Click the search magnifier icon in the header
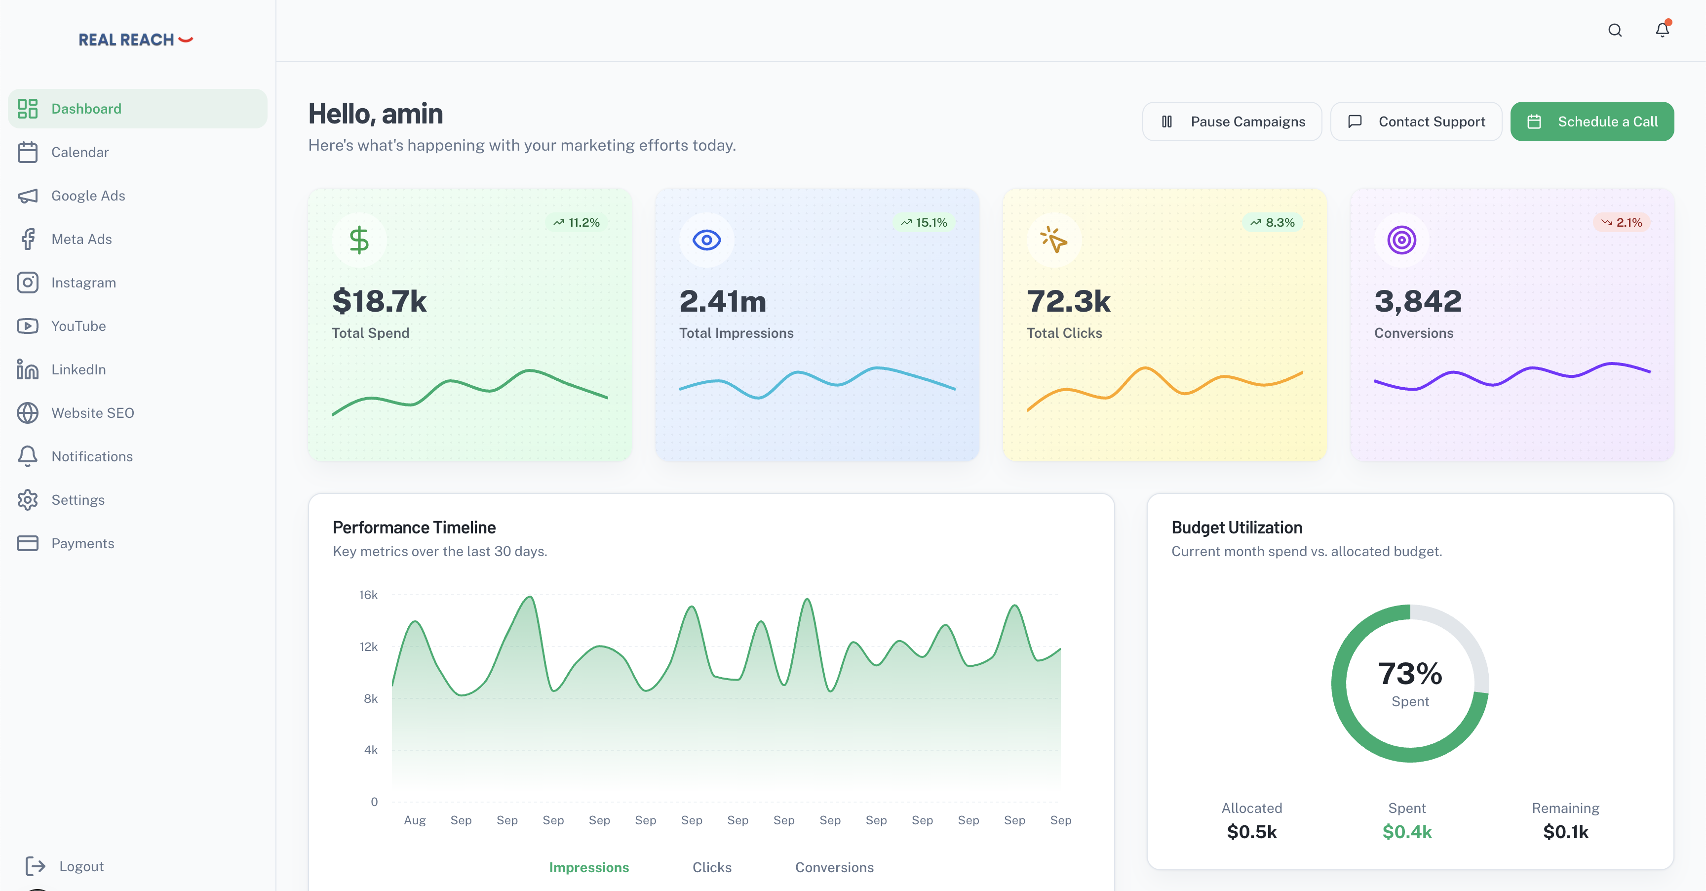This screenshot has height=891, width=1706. tap(1615, 31)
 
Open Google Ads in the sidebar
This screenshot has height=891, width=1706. tap(88, 196)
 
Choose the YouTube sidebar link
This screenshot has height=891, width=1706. tap(78, 326)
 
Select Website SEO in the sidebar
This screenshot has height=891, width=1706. tap(93, 413)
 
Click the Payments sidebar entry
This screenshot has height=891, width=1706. tap(83, 543)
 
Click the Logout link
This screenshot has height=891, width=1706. tap(81, 866)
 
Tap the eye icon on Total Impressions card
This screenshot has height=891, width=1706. tap(707, 240)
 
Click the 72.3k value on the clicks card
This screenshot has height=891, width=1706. tap(1068, 301)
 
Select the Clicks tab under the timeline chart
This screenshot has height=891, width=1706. tap(712, 867)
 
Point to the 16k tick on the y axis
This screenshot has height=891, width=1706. tap(368, 595)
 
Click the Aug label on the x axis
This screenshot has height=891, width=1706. tap(415, 820)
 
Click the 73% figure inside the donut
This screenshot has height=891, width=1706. tap(1410, 674)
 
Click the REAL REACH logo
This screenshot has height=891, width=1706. tap(136, 40)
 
